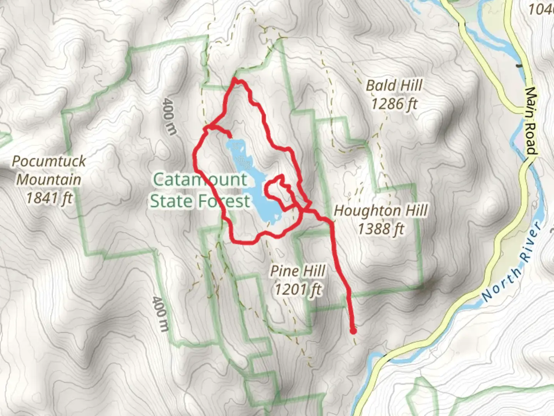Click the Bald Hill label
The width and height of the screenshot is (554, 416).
[x=394, y=86]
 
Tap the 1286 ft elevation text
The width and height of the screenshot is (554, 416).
[x=394, y=104]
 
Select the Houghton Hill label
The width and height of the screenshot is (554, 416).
[x=380, y=211]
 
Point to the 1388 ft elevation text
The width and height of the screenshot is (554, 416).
[x=380, y=229]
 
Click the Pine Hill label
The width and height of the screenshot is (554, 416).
[x=298, y=271]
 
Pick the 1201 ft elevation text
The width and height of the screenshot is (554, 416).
[x=298, y=289]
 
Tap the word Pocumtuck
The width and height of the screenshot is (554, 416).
[x=49, y=161]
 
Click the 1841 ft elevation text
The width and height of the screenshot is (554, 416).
[x=49, y=198]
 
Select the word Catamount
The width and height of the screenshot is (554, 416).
[x=200, y=179]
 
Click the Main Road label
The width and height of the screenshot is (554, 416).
[x=531, y=121]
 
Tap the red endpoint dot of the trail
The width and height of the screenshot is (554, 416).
[x=353, y=330]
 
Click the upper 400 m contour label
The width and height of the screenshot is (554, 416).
[x=170, y=116]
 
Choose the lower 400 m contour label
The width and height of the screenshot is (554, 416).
[x=160, y=314]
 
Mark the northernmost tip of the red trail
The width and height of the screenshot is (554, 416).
[x=234, y=79]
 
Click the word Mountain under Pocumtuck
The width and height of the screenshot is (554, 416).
[x=49, y=179]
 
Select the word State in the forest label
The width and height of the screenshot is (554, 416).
[x=172, y=201]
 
